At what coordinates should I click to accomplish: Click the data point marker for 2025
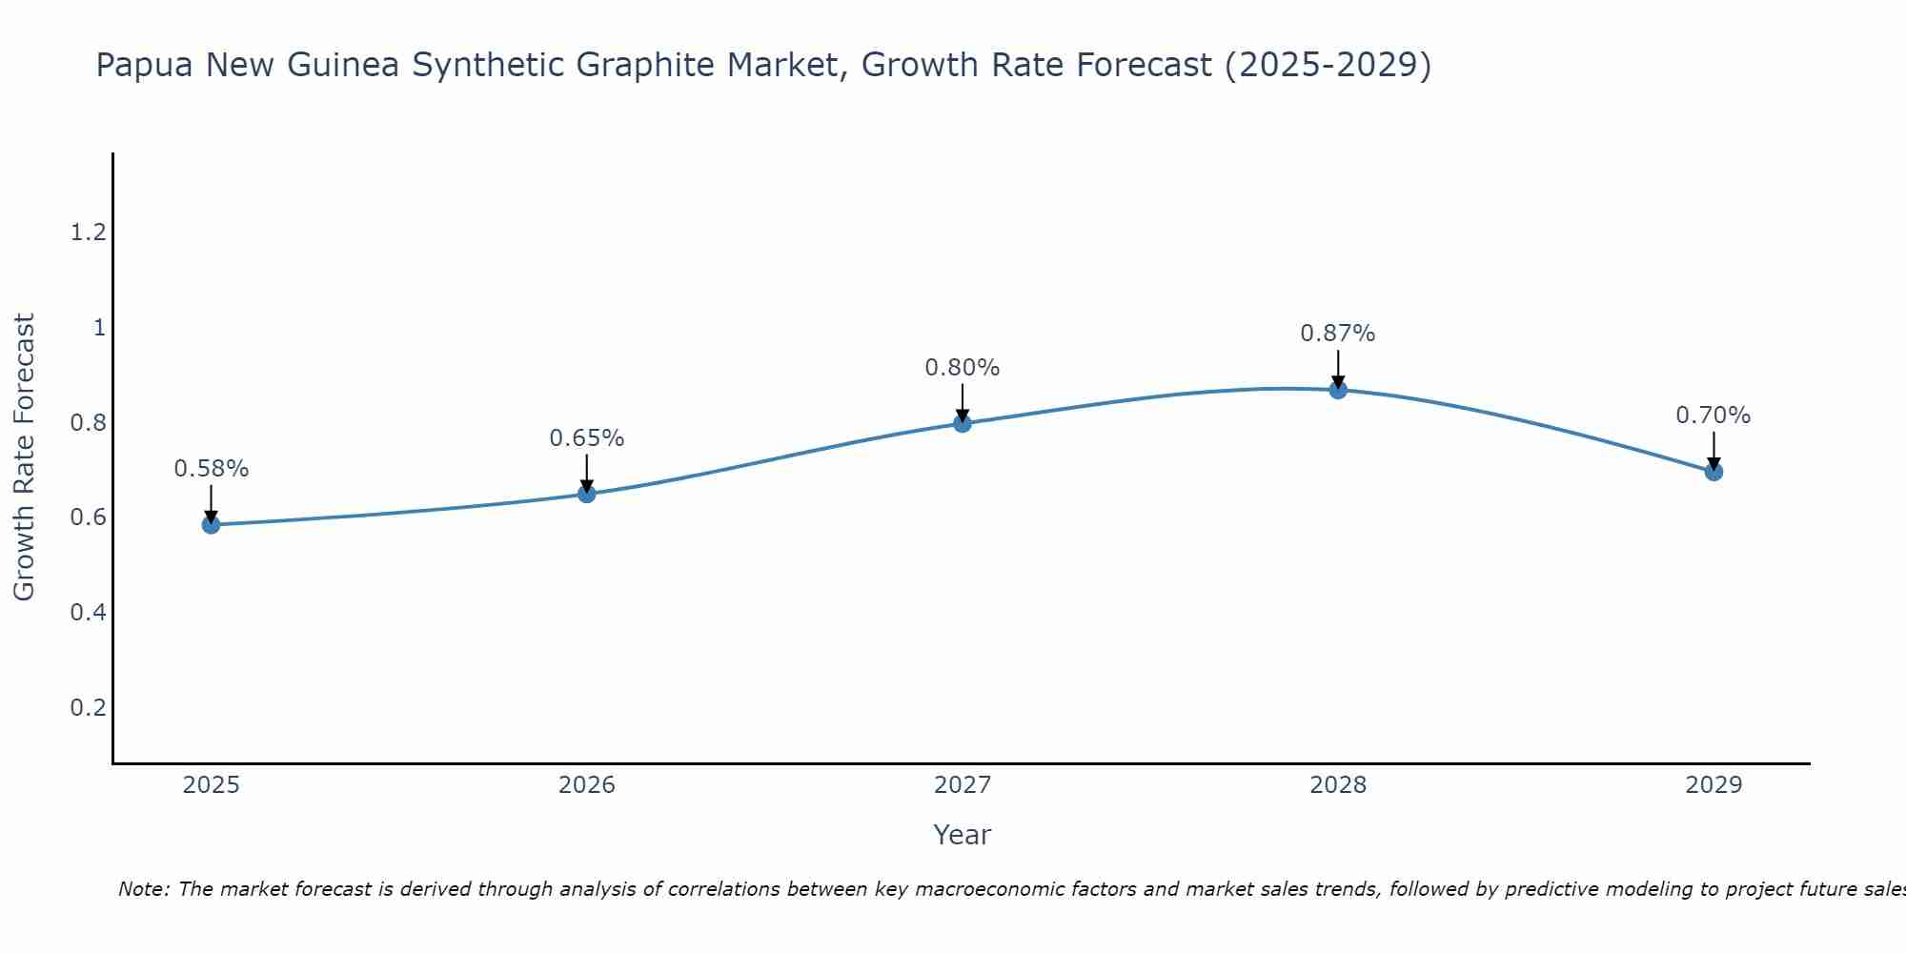click(x=211, y=524)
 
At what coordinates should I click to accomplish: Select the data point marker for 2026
click(x=587, y=494)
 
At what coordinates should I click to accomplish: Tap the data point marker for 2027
click(x=963, y=423)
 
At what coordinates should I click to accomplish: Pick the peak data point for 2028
click(x=1338, y=389)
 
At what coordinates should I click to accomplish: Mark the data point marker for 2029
click(x=1713, y=471)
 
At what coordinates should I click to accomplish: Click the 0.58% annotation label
click(x=211, y=469)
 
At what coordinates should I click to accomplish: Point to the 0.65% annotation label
click(x=587, y=438)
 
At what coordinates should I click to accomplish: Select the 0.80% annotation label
click(x=963, y=368)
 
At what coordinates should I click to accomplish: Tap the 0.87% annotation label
click(x=1338, y=334)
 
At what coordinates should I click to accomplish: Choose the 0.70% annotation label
click(x=1713, y=416)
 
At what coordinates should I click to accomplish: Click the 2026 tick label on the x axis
click(x=587, y=785)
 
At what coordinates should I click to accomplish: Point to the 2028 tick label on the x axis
click(x=1338, y=785)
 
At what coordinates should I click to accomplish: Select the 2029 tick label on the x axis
click(x=1713, y=785)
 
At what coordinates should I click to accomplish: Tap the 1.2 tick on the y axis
click(x=88, y=232)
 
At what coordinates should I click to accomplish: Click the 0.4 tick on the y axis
click(x=88, y=612)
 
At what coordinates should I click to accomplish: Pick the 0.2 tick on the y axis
click(x=88, y=707)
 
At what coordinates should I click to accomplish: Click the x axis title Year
click(x=963, y=835)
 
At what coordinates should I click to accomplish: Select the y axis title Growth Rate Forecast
click(x=24, y=457)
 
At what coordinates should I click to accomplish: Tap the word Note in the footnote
click(x=143, y=889)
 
